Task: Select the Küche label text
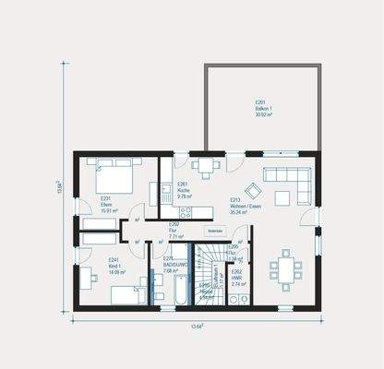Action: pyautogui.click(x=184, y=191)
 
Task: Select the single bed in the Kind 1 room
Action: pyautogui.click(x=126, y=294)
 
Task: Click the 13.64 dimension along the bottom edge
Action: pyautogui.click(x=197, y=326)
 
